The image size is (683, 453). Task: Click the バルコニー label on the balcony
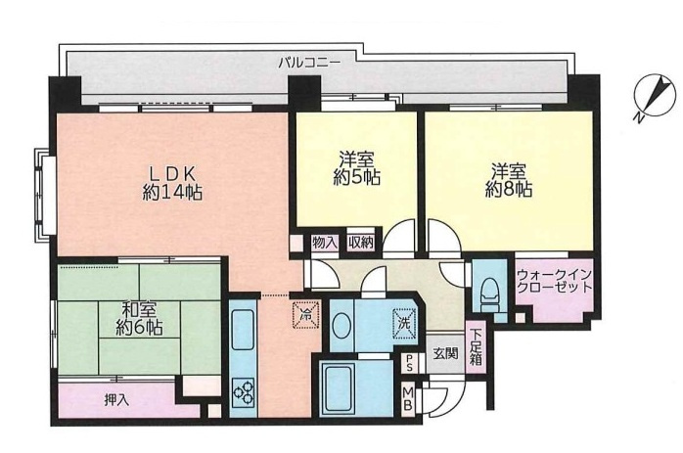[308, 62]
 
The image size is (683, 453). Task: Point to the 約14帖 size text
[171, 193]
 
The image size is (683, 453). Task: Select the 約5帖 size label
[359, 178]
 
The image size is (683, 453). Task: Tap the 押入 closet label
[115, 399]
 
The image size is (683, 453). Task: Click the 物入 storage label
[325, 242]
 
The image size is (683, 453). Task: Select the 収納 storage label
[359, 242]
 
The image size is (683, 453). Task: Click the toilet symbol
[487, 290]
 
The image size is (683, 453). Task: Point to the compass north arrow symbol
[649, 98]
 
